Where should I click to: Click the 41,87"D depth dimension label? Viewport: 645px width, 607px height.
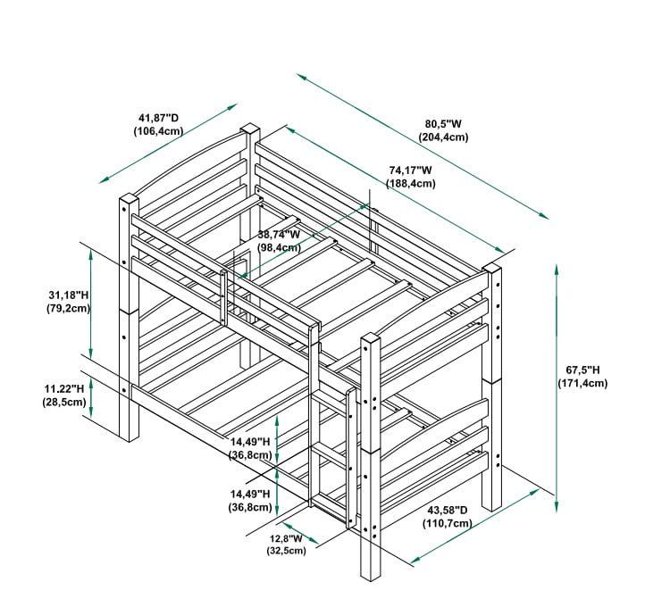159,118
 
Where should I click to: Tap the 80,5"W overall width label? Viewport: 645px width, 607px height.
443,124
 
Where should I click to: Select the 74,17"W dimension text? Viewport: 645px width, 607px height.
411,170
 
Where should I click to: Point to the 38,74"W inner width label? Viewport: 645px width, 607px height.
279,234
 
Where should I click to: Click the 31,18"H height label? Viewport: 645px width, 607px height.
69,295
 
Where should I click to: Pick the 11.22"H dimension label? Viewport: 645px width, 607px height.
64,388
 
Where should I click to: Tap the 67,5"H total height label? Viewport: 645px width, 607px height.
582,370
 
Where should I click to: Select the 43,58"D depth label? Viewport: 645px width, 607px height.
448,510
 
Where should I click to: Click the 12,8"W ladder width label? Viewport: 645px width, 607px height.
286,538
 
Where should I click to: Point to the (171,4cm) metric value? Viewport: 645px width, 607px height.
582,383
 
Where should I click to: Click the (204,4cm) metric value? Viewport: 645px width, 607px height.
443,137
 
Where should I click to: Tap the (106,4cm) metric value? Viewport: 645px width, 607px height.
158,131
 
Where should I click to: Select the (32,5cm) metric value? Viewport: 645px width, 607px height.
286,550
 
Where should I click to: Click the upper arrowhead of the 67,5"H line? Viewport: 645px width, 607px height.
557,270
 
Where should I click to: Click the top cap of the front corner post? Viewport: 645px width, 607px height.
371,338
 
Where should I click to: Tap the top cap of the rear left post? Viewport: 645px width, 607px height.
250,129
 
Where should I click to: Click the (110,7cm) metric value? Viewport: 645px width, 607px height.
448,523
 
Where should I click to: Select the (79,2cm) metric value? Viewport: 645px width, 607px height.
68,308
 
